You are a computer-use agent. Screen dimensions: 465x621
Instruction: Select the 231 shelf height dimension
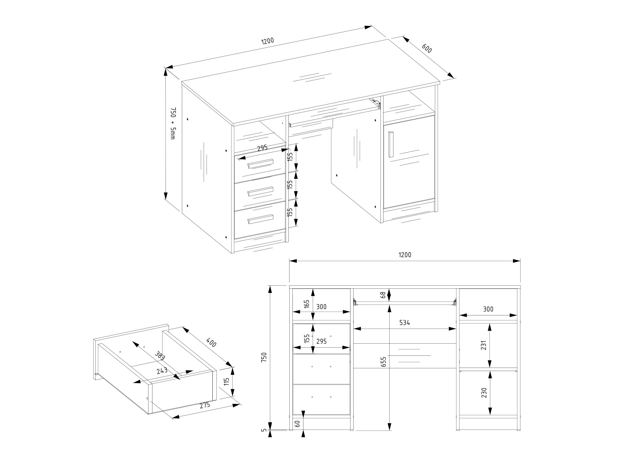(x=483, y=345)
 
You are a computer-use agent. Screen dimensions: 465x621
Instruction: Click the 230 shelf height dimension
(x=483, y=393)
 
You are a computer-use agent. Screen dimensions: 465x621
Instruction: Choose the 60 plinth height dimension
(x=298, y=424)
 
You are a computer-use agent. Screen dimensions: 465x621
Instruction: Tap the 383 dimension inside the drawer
(x=160, y=355)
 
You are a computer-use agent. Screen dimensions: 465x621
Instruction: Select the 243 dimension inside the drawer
(x=162, y=371)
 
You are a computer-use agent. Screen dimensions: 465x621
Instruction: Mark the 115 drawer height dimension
(x=227, y=381)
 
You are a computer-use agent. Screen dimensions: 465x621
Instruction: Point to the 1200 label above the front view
(x=405, y=255)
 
